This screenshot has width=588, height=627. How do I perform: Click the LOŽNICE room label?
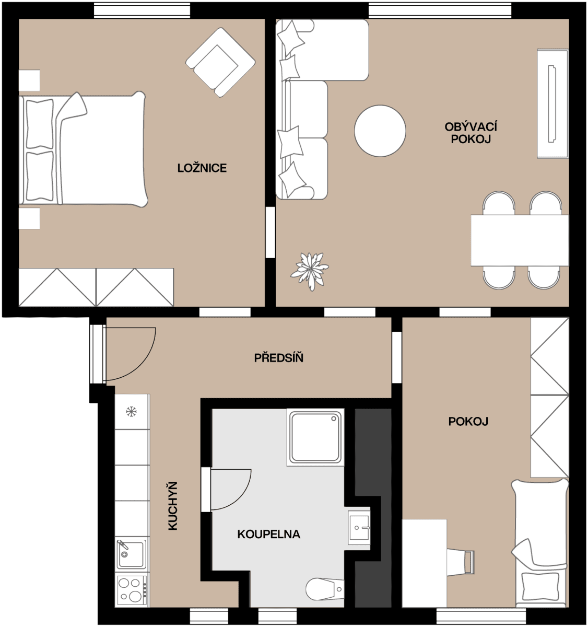[x=202, y=168]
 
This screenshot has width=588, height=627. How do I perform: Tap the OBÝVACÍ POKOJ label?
[x=471, y=133]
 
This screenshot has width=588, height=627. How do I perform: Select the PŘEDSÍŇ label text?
[x=278, y=358]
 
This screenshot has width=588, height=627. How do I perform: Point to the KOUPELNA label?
[x=268, y=534]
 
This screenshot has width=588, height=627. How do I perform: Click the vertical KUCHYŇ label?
[x=173, y=506]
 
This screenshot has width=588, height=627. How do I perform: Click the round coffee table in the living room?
[x=380, y=131]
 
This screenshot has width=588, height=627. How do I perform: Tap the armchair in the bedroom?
[x=219, y=62]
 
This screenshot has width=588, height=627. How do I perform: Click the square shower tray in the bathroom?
[x=315, y=438]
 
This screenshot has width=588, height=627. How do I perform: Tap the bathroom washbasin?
[x=359, y=528]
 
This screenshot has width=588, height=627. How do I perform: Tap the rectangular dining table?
[x=519, y=240]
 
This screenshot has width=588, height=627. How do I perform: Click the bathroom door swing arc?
[x=232, y=489]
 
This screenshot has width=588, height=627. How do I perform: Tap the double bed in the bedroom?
[x=84, y=149]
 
